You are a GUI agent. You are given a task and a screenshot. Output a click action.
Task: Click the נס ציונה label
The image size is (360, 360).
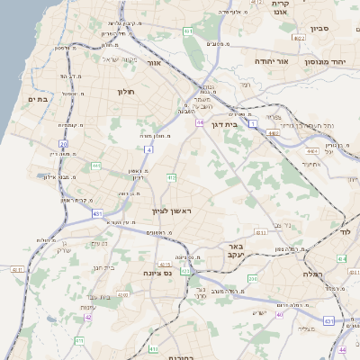(x=157, y=272)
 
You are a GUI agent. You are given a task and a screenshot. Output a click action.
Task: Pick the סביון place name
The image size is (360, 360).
(x=320, y=28)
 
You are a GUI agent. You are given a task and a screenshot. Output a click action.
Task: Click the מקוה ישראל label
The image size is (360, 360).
(x=98, y=59)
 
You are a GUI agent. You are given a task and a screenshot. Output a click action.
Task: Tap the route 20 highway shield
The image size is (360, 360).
(x=64, y=143)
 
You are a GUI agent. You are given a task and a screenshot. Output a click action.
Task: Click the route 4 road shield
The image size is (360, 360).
(x=148, y=149)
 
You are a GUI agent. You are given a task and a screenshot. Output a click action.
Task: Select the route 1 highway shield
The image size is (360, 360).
(x=254, y=121)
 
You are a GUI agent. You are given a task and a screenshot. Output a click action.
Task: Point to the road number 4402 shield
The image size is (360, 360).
(x=272, y=132)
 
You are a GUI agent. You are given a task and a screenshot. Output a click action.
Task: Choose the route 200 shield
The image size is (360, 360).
(x=253, y=279)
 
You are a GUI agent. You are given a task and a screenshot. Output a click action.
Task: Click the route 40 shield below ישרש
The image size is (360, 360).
(x=280, y=314)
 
